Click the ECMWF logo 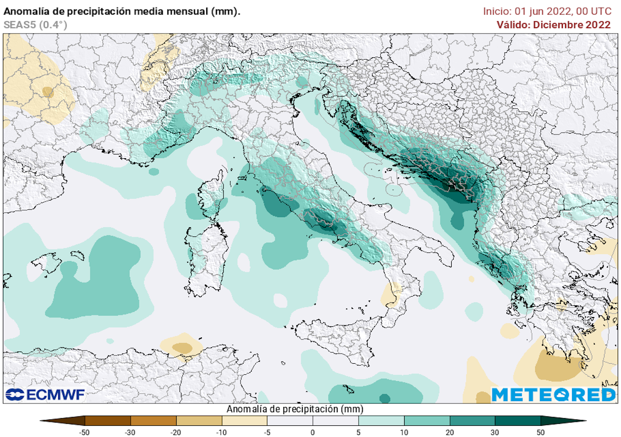click(45, 395)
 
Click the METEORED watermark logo click(553, 395)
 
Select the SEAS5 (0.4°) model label click(35, 25)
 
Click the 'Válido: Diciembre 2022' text click(554, 25)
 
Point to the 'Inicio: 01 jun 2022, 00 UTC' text click(547, 11)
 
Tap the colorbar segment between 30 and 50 click(518, 420)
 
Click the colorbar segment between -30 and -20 click(153, 420)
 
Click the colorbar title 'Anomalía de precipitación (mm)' click(294, 409)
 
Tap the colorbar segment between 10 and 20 click(427, 420)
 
